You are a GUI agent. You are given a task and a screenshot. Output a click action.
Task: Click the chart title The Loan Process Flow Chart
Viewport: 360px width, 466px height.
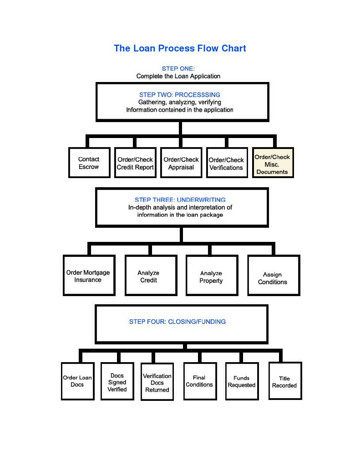pos(180,48)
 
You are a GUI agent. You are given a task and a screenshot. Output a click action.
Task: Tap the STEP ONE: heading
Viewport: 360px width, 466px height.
pos(178,69)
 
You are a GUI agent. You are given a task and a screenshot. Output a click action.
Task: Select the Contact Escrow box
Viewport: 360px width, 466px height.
pos(89,163)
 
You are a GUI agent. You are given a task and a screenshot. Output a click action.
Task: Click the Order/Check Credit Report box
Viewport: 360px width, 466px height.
pos(135,163)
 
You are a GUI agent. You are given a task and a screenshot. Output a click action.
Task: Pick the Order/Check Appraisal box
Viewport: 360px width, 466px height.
pos(181,163)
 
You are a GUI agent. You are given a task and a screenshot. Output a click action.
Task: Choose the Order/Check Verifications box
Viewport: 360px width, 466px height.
pos(226,164)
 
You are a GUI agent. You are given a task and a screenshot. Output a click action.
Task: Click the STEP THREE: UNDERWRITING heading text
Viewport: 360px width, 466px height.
pos(180,200)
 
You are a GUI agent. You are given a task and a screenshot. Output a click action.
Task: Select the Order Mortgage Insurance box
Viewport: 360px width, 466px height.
pos(88,276)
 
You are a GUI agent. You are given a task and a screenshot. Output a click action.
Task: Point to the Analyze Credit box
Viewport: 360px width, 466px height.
pos(151,276)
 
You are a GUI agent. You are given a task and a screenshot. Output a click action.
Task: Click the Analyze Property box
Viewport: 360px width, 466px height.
pos(212,277)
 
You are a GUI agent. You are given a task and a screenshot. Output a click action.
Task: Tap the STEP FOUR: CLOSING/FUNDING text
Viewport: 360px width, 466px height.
pos(177,322)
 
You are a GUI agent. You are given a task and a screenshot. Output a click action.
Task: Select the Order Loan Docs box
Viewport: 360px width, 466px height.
pos(77,381)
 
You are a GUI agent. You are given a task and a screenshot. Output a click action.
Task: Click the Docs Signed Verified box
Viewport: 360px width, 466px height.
pos(117,382)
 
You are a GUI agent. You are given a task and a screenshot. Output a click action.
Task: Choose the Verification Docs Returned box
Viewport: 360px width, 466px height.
pos(157,383)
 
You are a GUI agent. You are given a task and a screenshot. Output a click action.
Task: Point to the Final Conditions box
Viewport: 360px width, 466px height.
pos(199,381)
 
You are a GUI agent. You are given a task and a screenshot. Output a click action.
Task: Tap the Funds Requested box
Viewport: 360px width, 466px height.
pos(242,381)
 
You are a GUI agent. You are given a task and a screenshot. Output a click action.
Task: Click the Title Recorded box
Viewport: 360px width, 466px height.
pos(285,381)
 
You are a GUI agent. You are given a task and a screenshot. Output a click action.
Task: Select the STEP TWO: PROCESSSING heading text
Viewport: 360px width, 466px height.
pos(180,95)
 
